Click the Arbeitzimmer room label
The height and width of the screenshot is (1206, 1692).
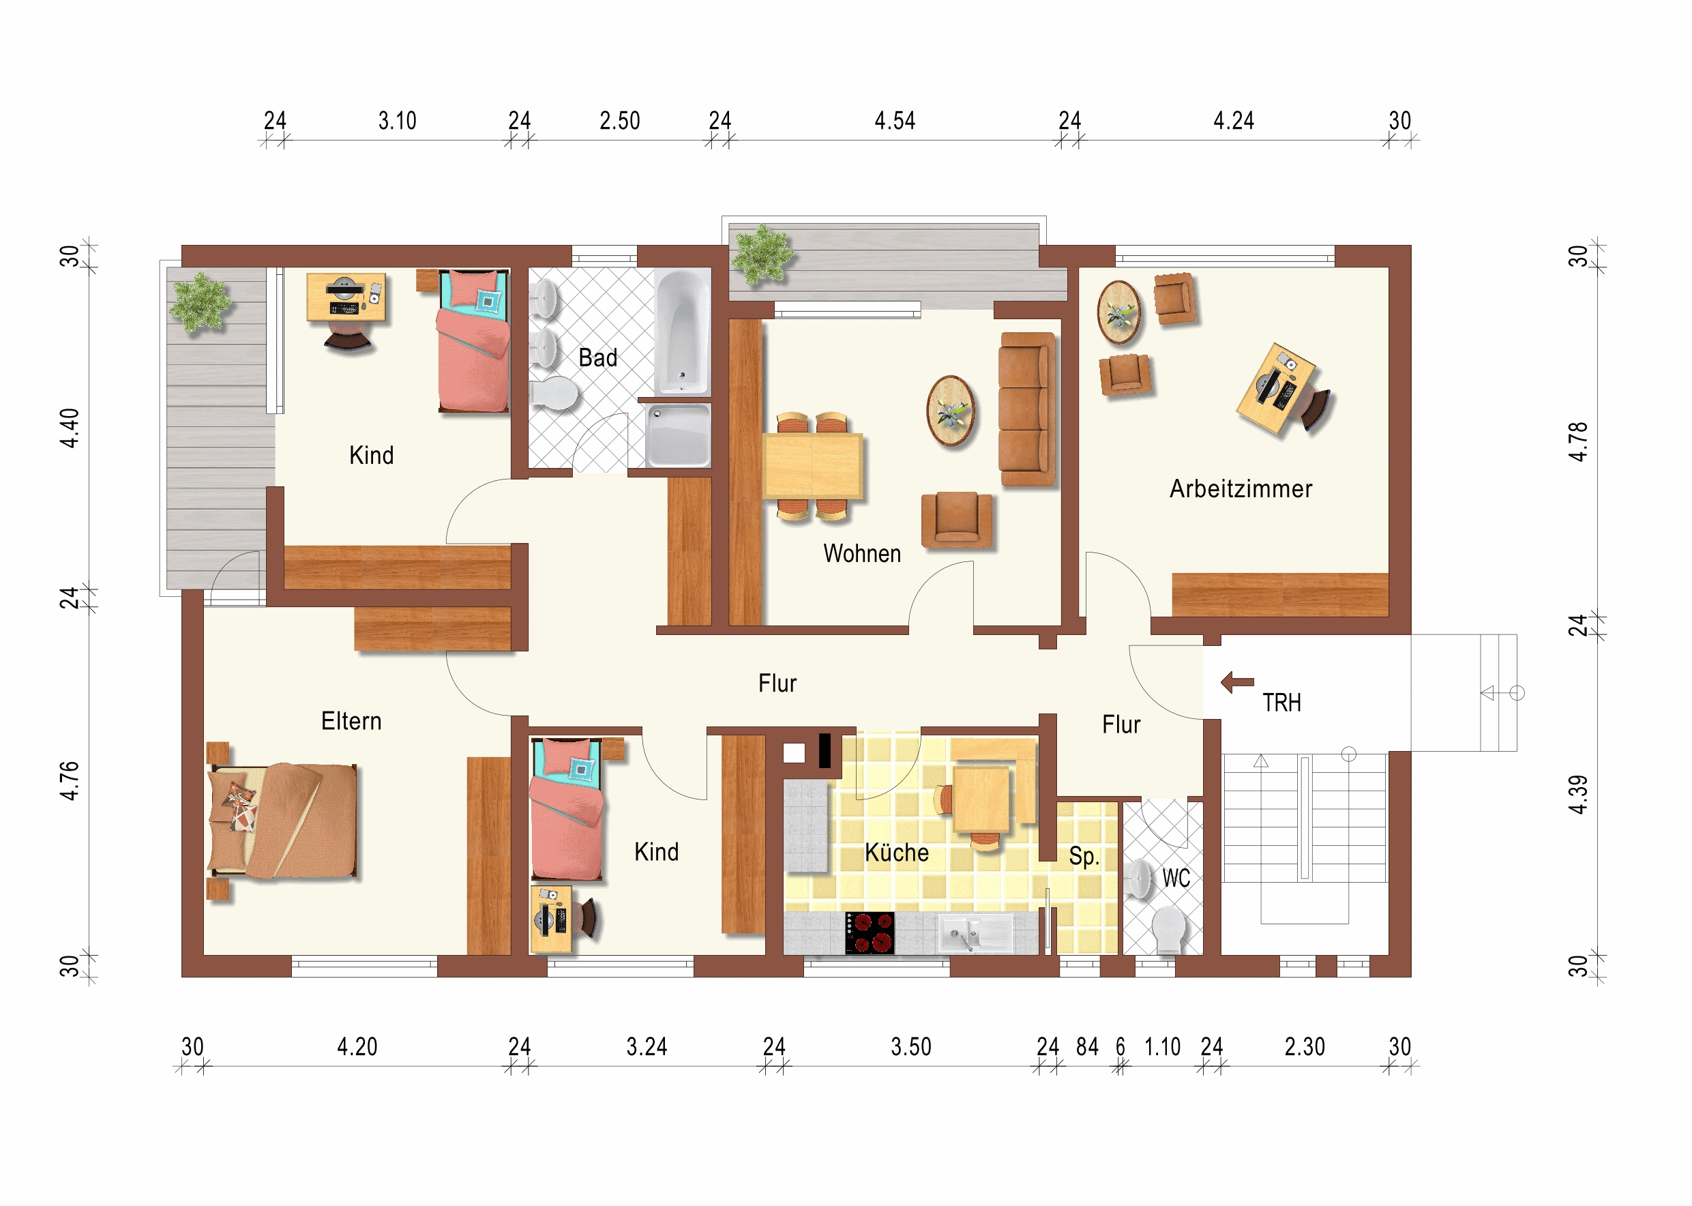point(1241,488)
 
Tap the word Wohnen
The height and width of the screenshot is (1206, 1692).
point(862,553)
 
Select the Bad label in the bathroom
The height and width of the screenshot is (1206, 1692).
point(597,358)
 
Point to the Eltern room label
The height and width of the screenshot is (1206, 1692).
point(351,721)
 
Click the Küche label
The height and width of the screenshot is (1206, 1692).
point(897,852)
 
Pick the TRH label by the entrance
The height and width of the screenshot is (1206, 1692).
point(1282,703)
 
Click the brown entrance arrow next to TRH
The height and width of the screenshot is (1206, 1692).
point(1237,681)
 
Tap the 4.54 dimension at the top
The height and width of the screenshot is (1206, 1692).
point(895,120)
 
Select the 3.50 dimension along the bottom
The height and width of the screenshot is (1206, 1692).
point(911,1046)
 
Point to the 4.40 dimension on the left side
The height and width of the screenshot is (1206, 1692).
point(69,428)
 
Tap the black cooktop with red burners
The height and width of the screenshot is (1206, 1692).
point(870,932)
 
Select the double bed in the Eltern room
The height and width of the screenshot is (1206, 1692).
point(282,821)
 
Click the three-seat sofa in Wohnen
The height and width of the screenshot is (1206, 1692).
point(1027,409)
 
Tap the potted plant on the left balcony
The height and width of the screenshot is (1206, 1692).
point(200,302)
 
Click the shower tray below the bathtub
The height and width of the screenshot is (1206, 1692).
point(678,435)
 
